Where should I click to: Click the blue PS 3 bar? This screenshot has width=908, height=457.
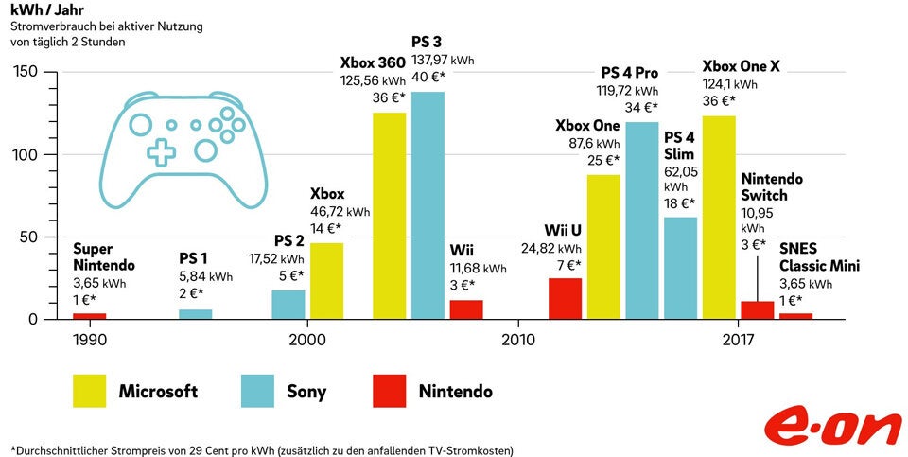tap(428, 205)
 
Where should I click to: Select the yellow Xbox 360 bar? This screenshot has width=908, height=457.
tap(389, 216)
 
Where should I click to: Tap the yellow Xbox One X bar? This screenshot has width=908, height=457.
tap(718, 218)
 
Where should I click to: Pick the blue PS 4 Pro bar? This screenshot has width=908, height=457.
tap(641, 220)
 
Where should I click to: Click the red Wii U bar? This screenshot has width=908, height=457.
tap(565, 298)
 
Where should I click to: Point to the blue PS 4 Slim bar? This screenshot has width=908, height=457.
tap(680, 268)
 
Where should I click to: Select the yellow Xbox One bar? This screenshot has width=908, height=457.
tap(603, 247)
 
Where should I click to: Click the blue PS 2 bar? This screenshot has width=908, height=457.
tap(288, 304)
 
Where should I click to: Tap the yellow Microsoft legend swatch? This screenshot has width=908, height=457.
tap(90, 391)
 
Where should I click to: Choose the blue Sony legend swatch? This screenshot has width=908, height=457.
tap(258, 391)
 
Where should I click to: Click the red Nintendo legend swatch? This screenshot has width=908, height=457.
tap(389, 391)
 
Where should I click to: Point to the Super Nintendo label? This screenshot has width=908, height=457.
tap(104, 257)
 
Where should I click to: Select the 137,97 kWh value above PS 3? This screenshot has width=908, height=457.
tap(443, 61)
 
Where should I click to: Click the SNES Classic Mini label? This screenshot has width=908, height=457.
tap(819, 257)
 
